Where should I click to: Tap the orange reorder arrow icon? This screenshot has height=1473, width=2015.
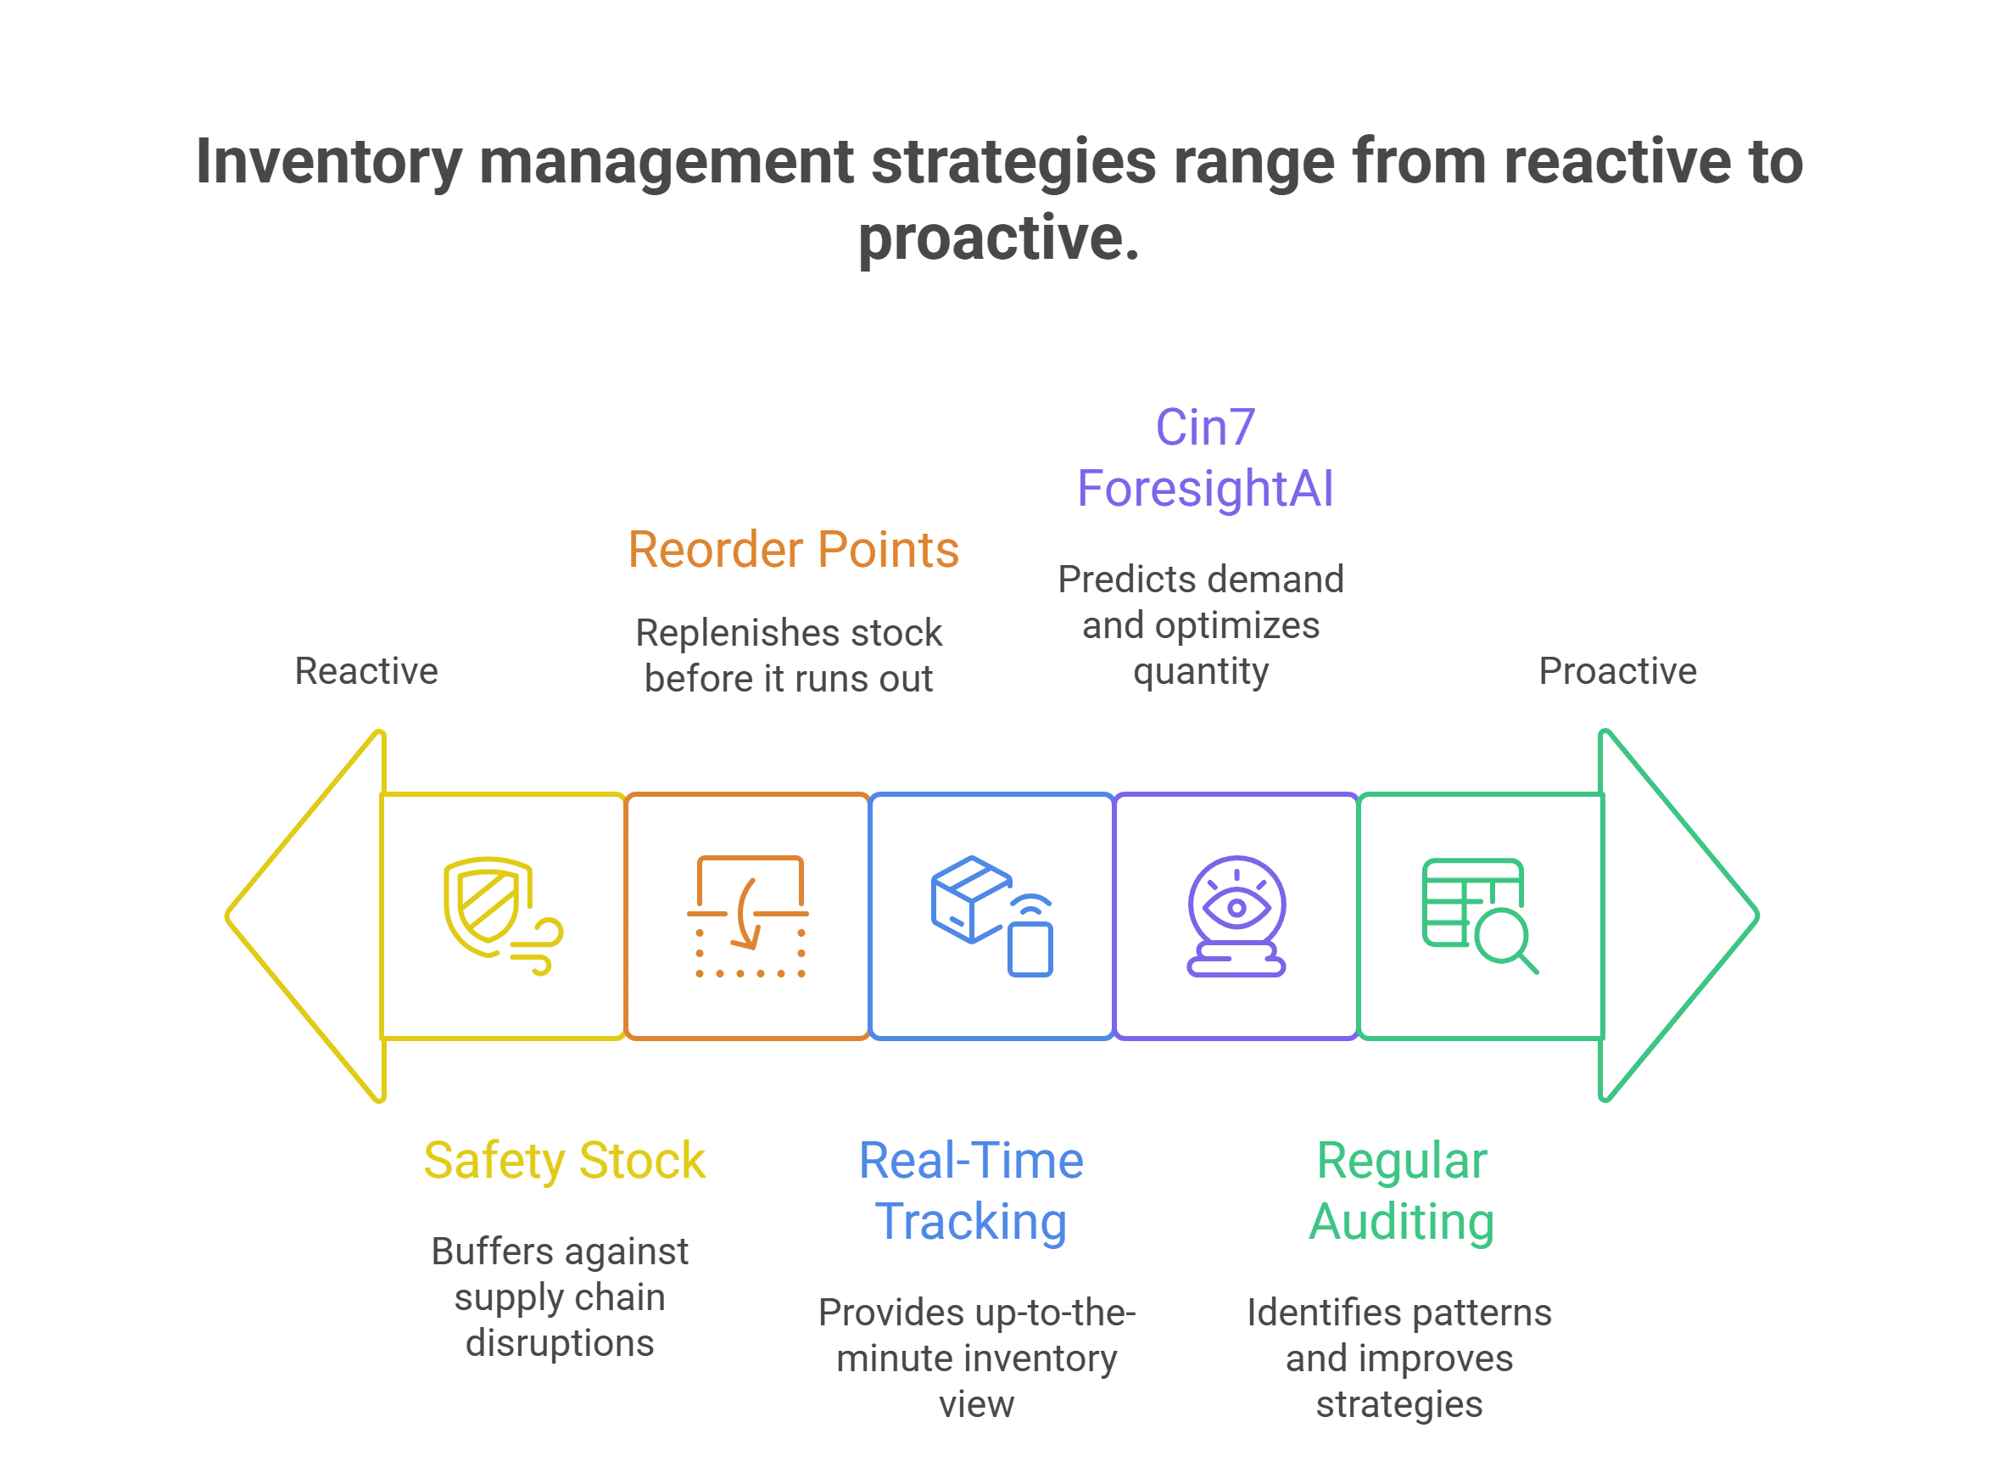point(748,916)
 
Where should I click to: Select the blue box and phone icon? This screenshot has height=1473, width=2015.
point(992,916)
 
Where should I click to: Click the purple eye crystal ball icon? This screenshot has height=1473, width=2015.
point(1236,916)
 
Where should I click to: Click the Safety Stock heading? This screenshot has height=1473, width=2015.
point(564,1161)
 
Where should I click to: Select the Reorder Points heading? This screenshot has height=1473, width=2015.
point(793,549)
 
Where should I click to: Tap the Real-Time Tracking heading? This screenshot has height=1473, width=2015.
point(971,1191)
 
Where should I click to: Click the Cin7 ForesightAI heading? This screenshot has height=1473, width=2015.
point(1205,458)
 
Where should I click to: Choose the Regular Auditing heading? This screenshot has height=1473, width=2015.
point(1402,1191)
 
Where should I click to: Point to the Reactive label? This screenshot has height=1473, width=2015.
point(366,671)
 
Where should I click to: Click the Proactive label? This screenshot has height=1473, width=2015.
point(1617,671)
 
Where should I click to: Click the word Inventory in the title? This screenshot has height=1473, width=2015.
point(328,162)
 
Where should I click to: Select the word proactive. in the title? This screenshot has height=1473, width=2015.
point(999,239)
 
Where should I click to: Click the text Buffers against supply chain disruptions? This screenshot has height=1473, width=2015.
point(560,1297)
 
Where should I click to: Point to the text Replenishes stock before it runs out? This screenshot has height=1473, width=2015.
point(789,656)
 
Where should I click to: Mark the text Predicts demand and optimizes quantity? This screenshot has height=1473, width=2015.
point(1201,626)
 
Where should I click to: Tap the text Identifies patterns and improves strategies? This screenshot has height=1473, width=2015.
point(1399,1358)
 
